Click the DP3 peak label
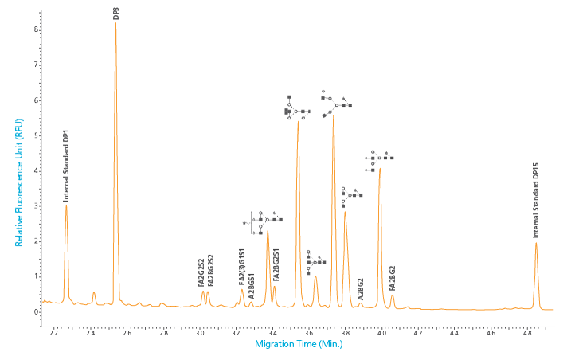[116, 14]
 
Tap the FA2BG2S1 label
[276, 264]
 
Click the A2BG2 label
[361, 288]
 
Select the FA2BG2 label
[392, 279]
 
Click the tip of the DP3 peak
[115, 22]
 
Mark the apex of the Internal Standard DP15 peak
[536, 243]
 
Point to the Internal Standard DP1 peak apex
[66, 206]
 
